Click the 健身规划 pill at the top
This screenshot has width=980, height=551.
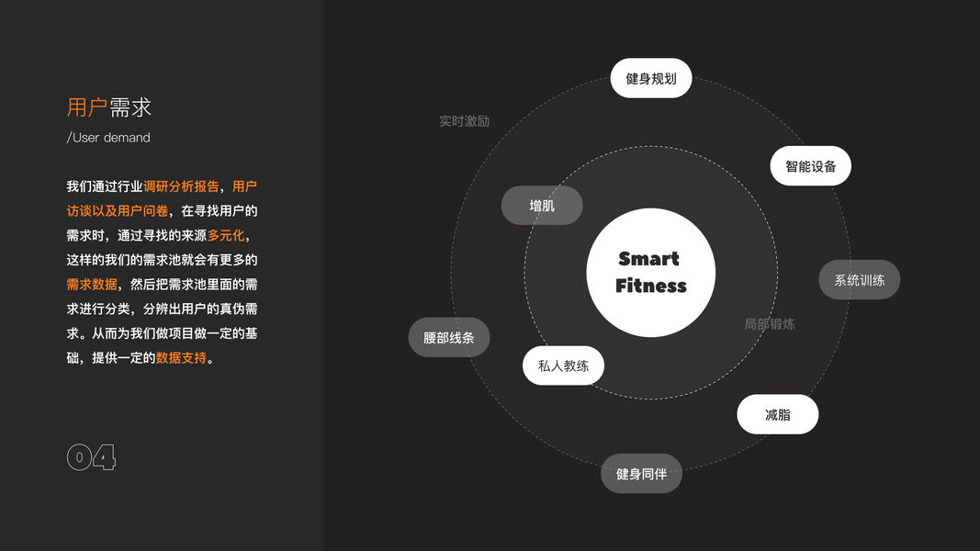click(x=650, y=78)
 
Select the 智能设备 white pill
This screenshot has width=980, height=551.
click(x=810, y=166)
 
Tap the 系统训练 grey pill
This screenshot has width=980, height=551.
click(x=859, y=280)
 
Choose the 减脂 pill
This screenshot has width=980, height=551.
click(x=777, y=414)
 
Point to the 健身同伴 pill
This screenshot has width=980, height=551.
click(x=641, y=474)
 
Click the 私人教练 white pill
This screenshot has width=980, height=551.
click(x=563, y=365)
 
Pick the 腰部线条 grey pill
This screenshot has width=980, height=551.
click(x=448, y=338)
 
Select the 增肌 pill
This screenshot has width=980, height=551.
click(x=542, y=206)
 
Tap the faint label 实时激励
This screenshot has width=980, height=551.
click(x=464, y=121)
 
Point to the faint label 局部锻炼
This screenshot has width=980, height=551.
click(x=770, y=324)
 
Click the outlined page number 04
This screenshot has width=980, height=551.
click(x=91, y=457)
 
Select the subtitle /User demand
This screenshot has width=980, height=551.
click(x=108, y=138)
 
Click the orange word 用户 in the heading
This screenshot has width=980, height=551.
click(x=87, y=107)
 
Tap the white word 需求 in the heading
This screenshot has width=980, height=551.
click(x=130, y=107)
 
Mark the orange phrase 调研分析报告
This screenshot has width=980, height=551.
click(x=181, y=186)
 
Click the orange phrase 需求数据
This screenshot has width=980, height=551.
click(x=92, y=285)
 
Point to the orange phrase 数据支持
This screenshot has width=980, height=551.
click(x=181, y=357)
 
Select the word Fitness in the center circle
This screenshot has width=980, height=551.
click(x=650, y=286)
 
